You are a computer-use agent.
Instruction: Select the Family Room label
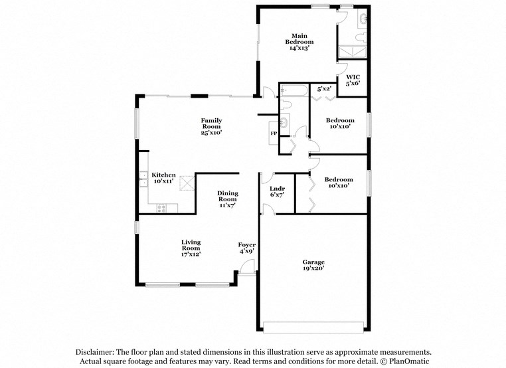[x=212, y=123]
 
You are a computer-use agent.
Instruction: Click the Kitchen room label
[x=163, y=175]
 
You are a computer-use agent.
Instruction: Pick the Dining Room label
[x=228, y=196]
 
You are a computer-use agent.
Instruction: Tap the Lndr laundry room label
[x=276, y=189]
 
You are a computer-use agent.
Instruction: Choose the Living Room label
[x=191, y=245]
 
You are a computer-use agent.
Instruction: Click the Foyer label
[x=247, y=245]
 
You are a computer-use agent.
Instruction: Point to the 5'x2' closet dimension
[x=324, y=88]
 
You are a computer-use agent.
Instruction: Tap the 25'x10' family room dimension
[x=212, y=132]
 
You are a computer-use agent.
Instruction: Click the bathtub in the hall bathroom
[x=293, y=91]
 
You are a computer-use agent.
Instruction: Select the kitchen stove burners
[x=160, y=208]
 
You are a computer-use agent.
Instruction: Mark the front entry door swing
[x=246, y=268]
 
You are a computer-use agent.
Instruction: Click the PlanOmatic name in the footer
[x=408, y=361]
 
